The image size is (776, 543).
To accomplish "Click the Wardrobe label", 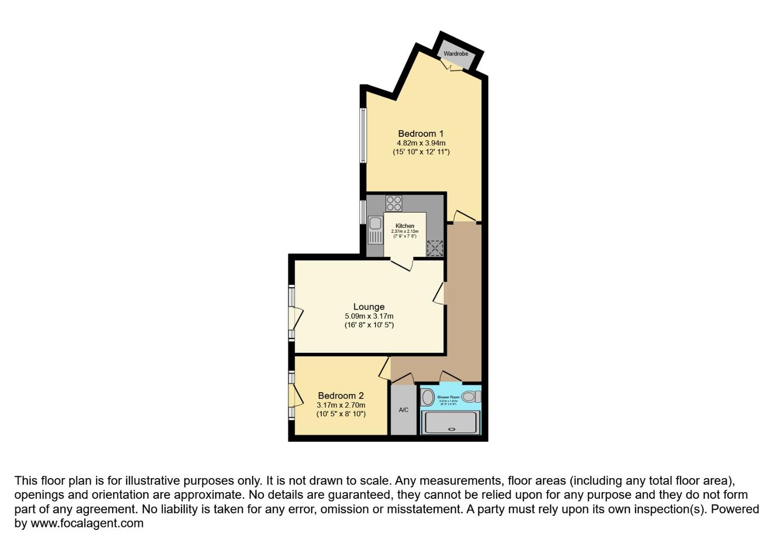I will pos(456,54).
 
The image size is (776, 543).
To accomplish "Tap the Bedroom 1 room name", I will pos(421,134).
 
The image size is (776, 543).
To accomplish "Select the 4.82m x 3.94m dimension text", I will pos(421,143).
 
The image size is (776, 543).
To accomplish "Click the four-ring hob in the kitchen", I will pos(394,203).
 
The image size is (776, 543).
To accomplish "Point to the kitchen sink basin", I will pos(375,223).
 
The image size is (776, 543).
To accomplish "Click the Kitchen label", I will pos(405,226).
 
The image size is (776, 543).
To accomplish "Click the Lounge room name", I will pos(369,307).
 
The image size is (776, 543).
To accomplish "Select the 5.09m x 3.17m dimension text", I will pos(369,316).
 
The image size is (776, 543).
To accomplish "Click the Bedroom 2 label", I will pos(341,396).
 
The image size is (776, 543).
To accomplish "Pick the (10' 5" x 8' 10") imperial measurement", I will pos(341,414).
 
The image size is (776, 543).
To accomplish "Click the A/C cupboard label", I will pos(404,410).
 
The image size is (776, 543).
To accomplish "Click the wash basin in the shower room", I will pos(428,397).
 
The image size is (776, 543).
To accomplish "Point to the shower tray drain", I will pos(451,429).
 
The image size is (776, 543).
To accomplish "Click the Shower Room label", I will pos(448,397).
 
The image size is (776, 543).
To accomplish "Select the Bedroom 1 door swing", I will pos(465,216).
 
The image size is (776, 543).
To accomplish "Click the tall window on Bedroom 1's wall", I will pos(362,135).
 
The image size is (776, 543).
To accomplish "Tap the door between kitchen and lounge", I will pos(402,263).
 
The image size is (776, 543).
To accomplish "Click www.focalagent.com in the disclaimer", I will pos(87,523).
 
